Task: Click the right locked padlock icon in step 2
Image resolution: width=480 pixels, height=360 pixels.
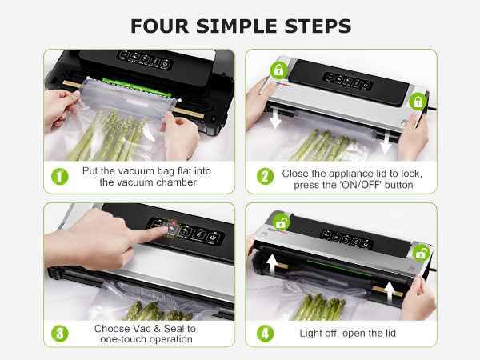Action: pos(417,102)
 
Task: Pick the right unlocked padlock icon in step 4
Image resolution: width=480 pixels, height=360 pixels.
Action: pos(419,253)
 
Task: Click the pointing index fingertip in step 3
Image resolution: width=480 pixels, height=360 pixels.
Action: pos(170,230)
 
